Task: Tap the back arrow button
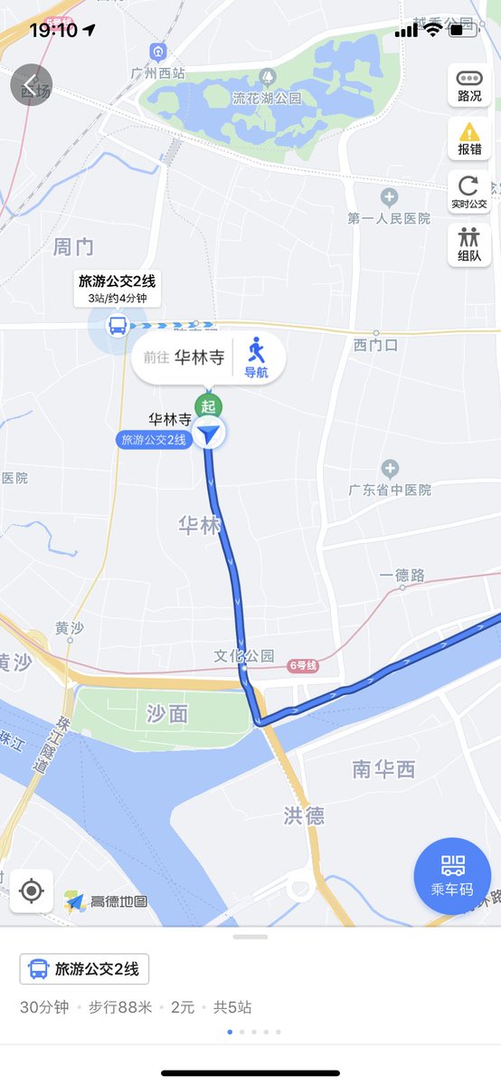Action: pyautogui.click(x=31, y=85)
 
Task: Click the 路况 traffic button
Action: pyautogui.click(x=469, y=85)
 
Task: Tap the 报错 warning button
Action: pyautogui.click(x=469, y=138)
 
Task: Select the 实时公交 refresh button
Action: pyautogui.click(x=469, y=192)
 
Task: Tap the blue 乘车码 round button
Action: pyautogui.click(x=452, y=876)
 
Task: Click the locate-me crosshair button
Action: pyautogui.click(x=32, y=891)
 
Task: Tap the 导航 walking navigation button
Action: pyautogui.click(x=257, y=357)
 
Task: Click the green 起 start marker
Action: pyautogui.click(x=209, y=405)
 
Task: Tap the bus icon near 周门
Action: pyautogui.click(x=118, y=324)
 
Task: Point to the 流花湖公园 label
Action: pyautogui.click(x=265, y=98)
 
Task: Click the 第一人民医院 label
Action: pyautogui.click(x=389, y=218)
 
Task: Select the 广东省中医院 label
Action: pyautogui.click(x=390, y=490)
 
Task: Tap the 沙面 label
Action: pyautogui.click(x=167, y=713)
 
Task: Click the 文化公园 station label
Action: pyautogui.click(x=244, y=655)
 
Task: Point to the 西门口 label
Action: pyautogui.click(x=376, y=345)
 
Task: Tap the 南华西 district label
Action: pyautogui.click(x=383, y=769)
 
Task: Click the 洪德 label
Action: pyautogui.click(x=304, y=815)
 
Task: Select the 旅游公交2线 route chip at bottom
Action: pyautogui.click(x=85, y=969)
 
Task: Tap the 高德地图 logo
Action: pyautogui.click(x=107, y=901)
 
